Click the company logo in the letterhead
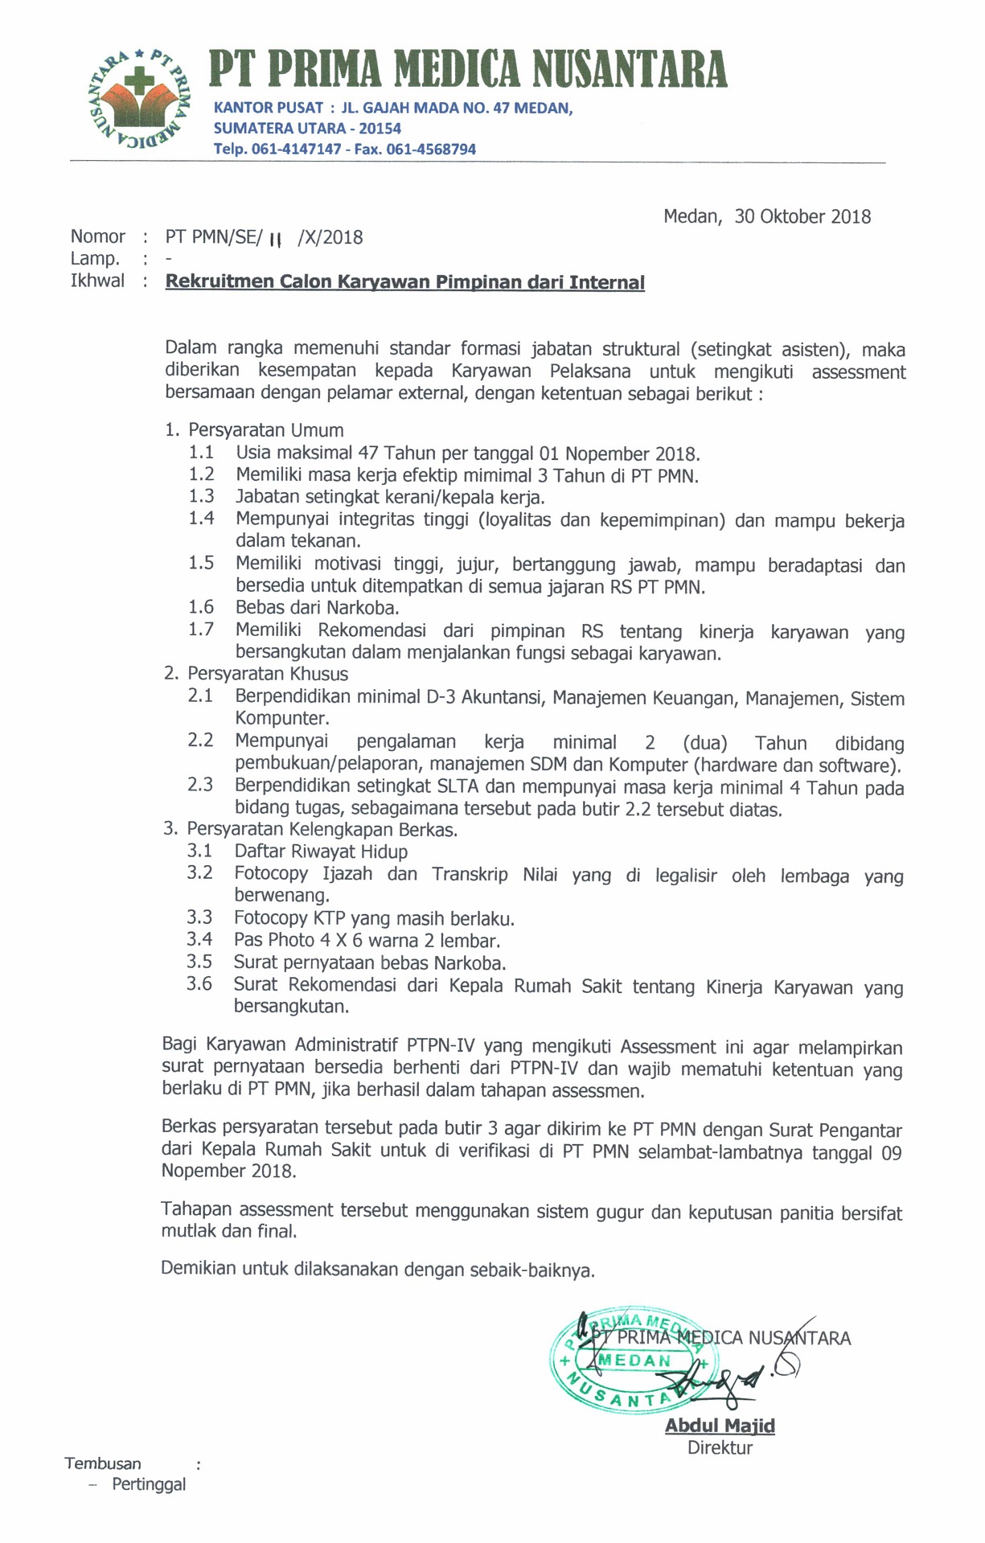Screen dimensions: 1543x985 tap(139, 99)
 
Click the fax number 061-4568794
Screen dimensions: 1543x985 tap(431, 150)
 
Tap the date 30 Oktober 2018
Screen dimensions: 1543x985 tap(802, 216)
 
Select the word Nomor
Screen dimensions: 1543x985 tap(98, 236)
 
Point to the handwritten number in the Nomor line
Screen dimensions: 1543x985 tap(276, 240)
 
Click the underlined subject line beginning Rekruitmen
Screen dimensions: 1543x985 tap(404, 282)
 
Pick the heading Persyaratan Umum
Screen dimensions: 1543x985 tap(265, 430)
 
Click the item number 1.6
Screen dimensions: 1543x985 tap(201, 607)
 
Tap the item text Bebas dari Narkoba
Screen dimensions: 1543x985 tap(317, 608)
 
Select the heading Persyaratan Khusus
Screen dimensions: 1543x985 tap(267, 674)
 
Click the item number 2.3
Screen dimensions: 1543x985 tap(200, 784)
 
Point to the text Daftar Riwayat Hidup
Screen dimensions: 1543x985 tap(321, 852)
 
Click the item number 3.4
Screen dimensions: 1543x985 tap(199, 939)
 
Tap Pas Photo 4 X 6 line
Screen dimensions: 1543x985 tap(367, 940)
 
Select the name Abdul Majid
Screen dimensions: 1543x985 tap(720, 1426)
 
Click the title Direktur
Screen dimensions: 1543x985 tap(720, 1448)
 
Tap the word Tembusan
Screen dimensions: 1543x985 tap(103, 1463)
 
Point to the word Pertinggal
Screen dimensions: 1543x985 tap(149, 1484)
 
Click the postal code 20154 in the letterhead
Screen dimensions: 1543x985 tap(380, 129)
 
